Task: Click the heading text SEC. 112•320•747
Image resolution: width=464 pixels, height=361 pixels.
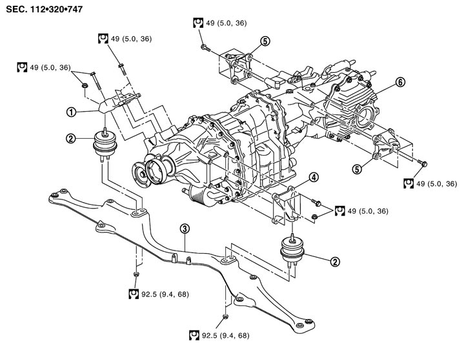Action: [45, 9]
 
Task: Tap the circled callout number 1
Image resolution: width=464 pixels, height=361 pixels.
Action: [71, 112]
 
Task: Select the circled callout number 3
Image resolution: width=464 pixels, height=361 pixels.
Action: [185, 229]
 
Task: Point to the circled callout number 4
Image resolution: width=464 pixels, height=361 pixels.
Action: [314, 178]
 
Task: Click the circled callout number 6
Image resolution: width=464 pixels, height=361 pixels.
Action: [400, 82]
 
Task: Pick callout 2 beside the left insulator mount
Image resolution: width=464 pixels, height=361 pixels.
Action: [71, 138]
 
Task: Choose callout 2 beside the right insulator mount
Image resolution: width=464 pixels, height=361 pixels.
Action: [335, 262]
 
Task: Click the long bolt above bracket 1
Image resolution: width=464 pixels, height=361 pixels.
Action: [96, 81]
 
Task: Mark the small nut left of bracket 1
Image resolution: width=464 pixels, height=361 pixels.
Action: [85, 85]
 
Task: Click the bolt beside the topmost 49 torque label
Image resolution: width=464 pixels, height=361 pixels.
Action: [205, 48]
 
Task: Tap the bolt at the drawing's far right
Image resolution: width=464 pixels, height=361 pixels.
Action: [422, 163]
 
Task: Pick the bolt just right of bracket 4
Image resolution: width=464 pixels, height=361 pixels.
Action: [316, 203]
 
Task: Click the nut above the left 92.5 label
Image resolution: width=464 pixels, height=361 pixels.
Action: [136, 274]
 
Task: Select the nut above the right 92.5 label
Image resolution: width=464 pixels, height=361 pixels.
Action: [225, 316]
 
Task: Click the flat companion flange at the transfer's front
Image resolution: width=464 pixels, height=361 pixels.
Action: [139, 174]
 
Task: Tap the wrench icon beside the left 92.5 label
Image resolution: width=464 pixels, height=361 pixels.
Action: [134, 294]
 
